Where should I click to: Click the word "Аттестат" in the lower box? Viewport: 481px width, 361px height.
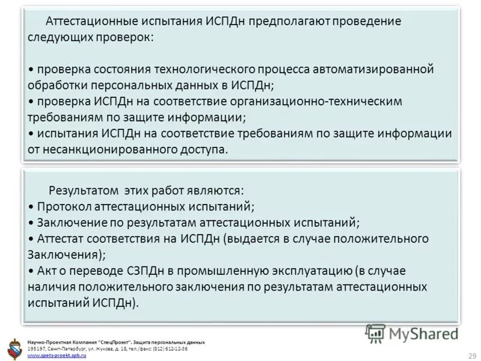tap(61, 238)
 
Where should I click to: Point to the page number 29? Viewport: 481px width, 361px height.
tap(471, 354)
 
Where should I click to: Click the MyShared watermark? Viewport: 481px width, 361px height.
tap(412, 333)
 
